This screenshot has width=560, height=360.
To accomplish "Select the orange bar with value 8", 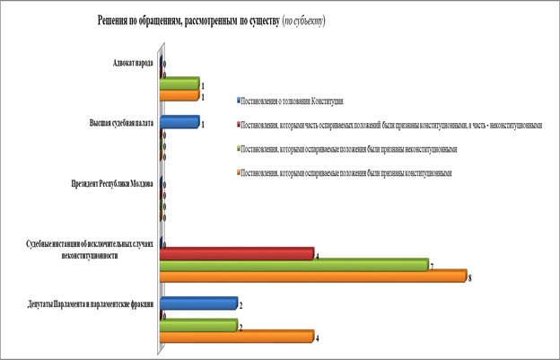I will click(313, 277).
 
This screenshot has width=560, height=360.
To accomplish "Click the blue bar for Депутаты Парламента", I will click(198, 303).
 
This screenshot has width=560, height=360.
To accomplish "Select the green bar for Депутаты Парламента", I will click(198, 325).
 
